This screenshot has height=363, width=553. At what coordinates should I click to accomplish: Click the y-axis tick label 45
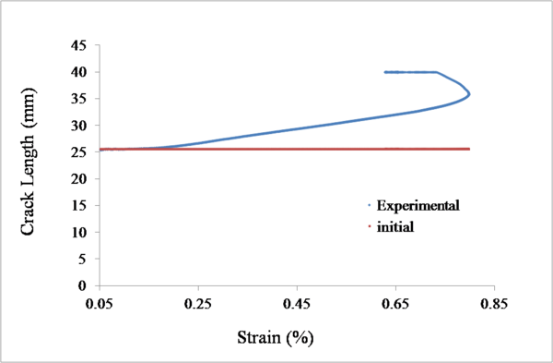78,45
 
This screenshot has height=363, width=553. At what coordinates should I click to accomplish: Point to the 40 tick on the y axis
78,72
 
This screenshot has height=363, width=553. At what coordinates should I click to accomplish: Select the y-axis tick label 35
78,99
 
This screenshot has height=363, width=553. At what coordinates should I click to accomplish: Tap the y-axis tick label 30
78,126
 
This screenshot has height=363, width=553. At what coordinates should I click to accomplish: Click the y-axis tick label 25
78,152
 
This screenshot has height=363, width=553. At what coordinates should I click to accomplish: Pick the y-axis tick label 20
78,179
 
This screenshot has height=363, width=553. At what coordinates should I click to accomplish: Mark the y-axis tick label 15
78,206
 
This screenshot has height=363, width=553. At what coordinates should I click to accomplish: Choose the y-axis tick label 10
78,233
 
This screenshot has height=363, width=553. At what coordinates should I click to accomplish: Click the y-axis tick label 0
82,286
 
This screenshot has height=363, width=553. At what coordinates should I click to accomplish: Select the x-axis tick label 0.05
100,302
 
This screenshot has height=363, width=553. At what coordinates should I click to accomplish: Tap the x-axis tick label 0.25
198,302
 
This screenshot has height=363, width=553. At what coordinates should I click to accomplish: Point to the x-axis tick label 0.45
297,302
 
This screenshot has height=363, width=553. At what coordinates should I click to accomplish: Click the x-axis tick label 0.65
395,302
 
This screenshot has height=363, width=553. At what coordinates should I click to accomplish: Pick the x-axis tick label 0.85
494,302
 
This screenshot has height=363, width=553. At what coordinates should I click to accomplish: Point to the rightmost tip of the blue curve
470,93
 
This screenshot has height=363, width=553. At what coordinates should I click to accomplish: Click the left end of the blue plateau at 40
385,72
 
